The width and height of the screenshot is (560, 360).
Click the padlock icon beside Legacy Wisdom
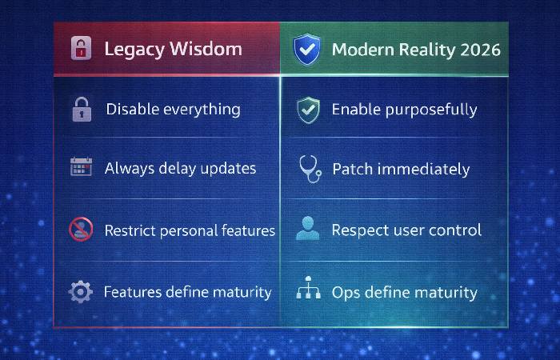coord(79,49)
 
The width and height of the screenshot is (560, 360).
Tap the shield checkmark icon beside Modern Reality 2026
coord(306,50)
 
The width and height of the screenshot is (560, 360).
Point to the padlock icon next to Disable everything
coord(81,110)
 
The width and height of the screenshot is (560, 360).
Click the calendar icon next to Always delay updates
coord(81,168)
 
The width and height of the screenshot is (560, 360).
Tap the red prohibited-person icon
coord(81,230)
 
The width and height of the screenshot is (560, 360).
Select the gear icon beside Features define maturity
coord(81,292)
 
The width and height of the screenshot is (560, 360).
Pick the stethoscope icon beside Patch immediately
coord(309,169)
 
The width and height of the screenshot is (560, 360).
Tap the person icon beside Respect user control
coord(307,230)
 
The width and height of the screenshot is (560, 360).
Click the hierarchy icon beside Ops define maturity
coord(307,290)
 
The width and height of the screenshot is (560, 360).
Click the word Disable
coord(131,109)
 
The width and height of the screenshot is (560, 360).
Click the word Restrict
coord(131,230)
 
